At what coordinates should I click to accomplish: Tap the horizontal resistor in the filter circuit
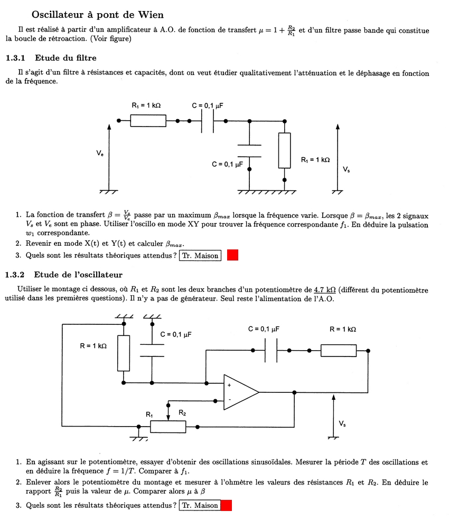[x=148, y=121]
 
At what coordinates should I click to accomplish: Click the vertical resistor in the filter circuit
[x=284, y=150]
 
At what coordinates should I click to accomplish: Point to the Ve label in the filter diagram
[x=100, y=153]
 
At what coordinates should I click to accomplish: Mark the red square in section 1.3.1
[x=232, y=256]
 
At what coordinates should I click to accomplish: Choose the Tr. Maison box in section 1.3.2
[x=199, y=505]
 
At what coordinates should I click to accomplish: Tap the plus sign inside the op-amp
[x=229, y=385]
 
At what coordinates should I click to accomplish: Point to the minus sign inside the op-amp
[x=229, y=399]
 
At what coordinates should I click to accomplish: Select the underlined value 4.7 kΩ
[x=325, y=290]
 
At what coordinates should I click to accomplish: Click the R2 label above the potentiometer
[x=182, y=413]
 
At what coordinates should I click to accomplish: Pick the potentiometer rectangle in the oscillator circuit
[x=168, y=426]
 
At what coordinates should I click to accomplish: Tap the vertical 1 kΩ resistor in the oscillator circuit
[x=123, y=353]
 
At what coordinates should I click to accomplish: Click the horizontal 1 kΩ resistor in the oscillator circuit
[x=338, y=350]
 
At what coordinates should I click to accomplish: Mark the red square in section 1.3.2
[x=226, y=505]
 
